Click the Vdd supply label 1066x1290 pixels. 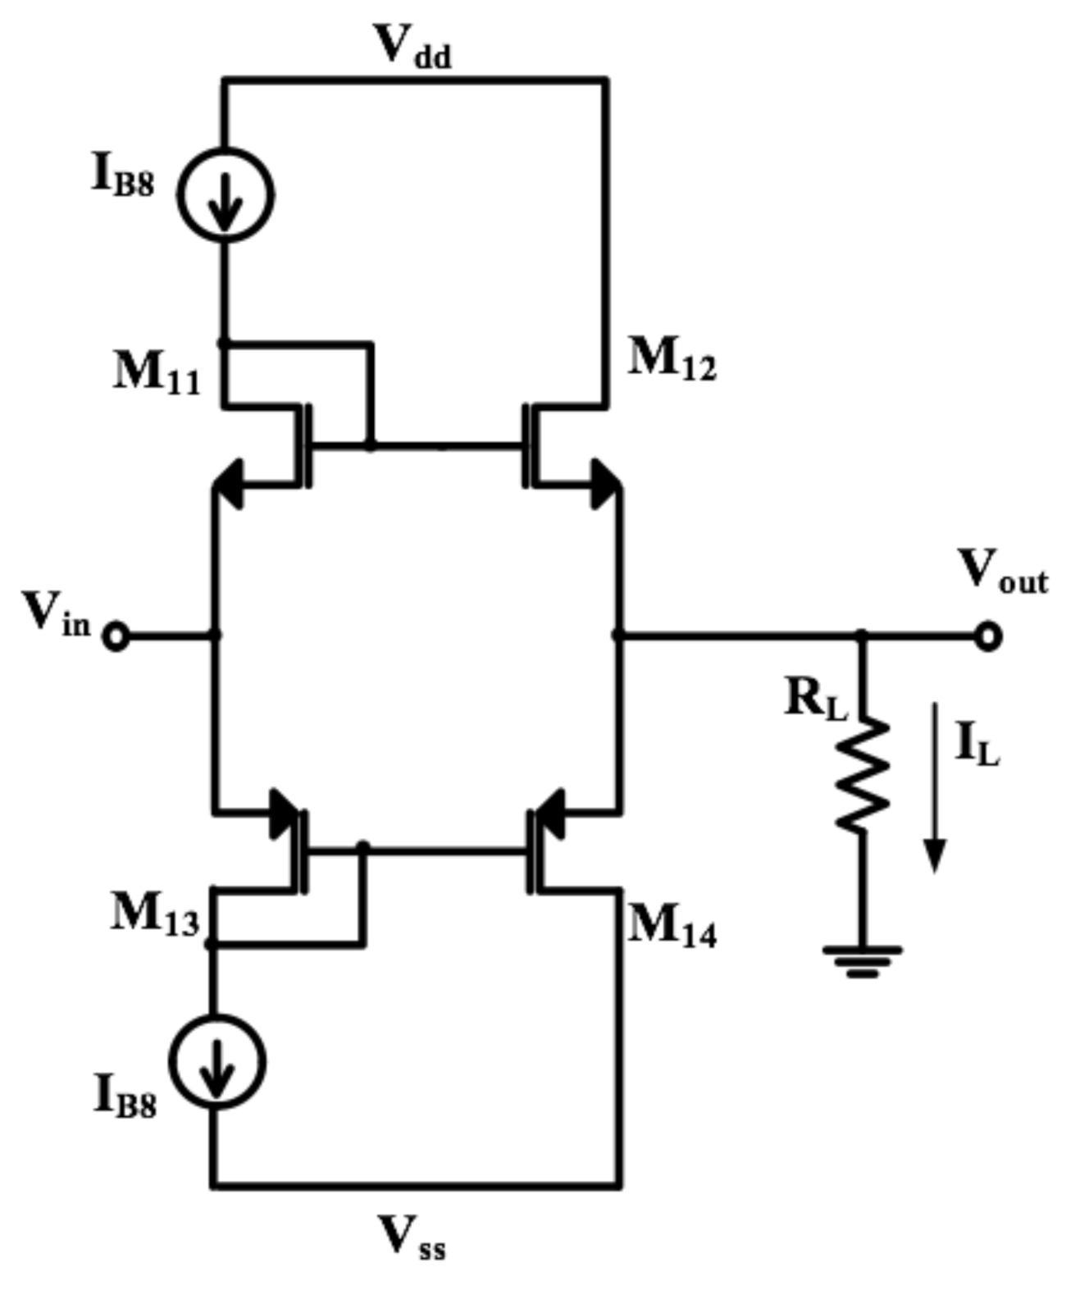tap(412, 47)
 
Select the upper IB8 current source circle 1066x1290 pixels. tap(225, 195)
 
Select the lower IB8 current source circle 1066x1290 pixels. tap(217, 1061)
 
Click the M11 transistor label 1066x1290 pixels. tap(157, 374)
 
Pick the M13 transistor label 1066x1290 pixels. tap(155, 914)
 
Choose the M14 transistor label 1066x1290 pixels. tap(672, 928)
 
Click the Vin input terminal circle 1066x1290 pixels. tap(116, 636)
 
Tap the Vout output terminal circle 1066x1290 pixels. tap(989, 636)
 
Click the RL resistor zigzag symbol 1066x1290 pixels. tap(862, 775)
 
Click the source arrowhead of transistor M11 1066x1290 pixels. tap(229, 485)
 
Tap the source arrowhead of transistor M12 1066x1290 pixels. tap(605, 485)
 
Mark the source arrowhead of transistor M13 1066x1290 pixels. tap(284, 814)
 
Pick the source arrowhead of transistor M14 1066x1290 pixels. tap(550, 814)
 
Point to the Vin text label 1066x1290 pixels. tap(55, 615)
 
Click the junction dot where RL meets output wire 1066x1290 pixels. tap(861, 635)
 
